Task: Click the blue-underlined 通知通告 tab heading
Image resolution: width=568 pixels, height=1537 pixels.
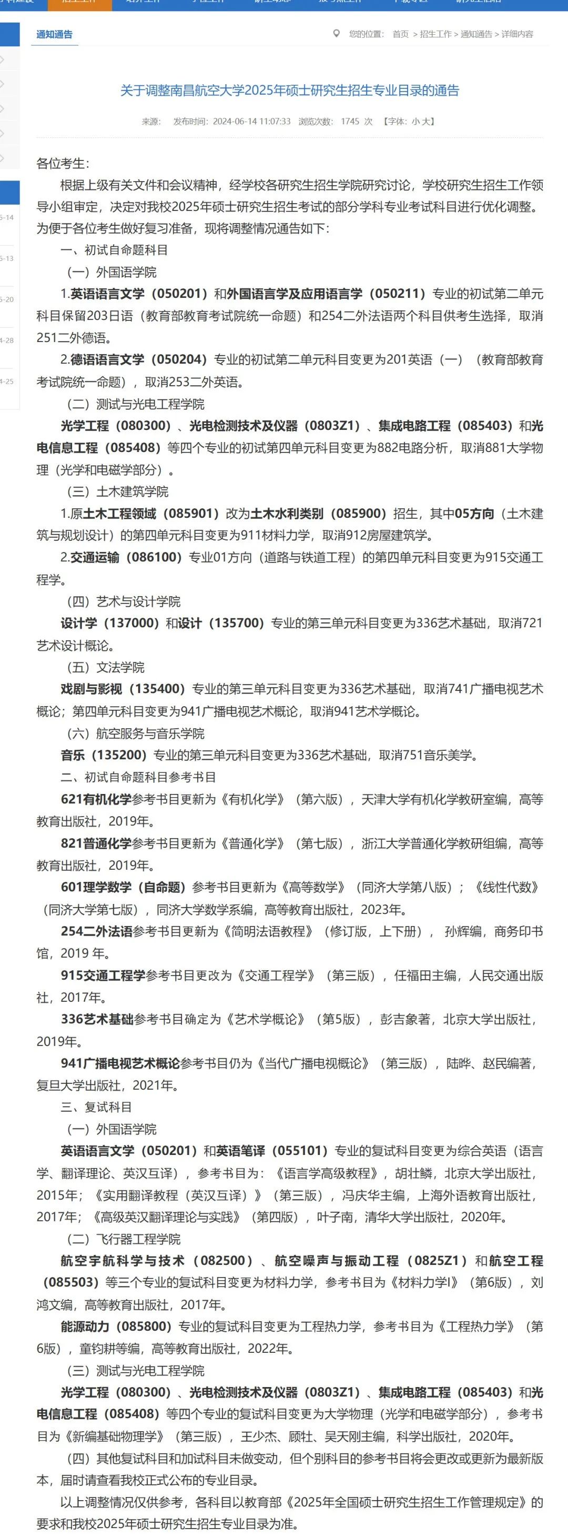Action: [54, 35]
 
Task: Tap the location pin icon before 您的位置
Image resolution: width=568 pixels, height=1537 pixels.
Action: [337, 34]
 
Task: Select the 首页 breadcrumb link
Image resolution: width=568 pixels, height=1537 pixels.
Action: [400, 35]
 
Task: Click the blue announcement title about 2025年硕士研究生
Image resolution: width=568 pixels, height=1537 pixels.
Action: [290, 91]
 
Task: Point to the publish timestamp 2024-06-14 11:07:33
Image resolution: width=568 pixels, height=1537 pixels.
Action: [251, 122]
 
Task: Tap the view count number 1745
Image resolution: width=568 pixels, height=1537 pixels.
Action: [350, 122]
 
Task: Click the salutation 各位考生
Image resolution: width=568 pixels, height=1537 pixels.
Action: [62, 164]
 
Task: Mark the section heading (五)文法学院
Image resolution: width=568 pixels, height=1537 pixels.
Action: [106, 668]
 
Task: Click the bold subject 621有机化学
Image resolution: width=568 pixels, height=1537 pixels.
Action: [96, 799]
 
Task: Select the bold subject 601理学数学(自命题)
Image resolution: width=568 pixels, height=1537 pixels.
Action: [123, 888]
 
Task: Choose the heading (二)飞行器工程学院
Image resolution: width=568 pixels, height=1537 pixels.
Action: [124, 1239]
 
